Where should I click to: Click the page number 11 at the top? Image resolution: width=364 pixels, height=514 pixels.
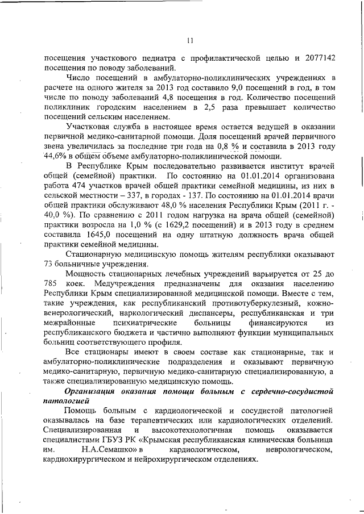(x=190, y=40)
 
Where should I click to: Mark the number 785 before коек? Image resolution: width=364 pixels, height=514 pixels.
(x=51, y=283)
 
